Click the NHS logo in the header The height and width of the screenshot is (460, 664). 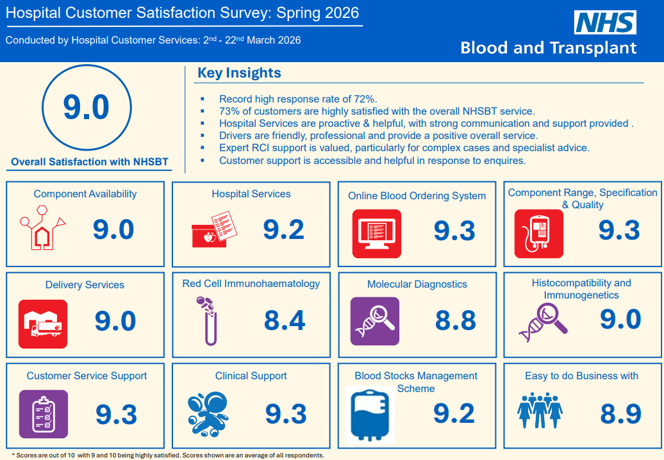click(605, 22)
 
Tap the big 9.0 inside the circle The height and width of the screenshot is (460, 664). click(87, 107)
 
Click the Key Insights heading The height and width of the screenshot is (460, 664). click(239, 73)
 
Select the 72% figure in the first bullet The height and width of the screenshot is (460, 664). click(365, 99)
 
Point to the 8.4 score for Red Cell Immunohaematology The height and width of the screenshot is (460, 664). click(285, 320)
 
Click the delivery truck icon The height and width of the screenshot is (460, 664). click(43, 324)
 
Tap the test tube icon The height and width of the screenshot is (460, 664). click(208, 321)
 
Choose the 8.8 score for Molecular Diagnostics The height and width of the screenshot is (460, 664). click(456, 320)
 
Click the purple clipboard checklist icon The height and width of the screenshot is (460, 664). click(43, 415)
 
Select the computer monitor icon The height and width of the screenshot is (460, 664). click(376, 234)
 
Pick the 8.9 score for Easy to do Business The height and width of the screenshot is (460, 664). click(621, 414)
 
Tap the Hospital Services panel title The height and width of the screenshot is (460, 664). click(251, 194)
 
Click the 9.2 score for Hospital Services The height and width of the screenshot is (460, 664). click(284, 230)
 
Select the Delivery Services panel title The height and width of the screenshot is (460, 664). click(85, 285)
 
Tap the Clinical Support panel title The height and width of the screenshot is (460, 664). click(251, 376)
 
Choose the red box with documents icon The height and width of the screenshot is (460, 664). click(214, 229)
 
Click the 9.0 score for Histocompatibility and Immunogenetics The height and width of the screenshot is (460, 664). click(620, 320)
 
